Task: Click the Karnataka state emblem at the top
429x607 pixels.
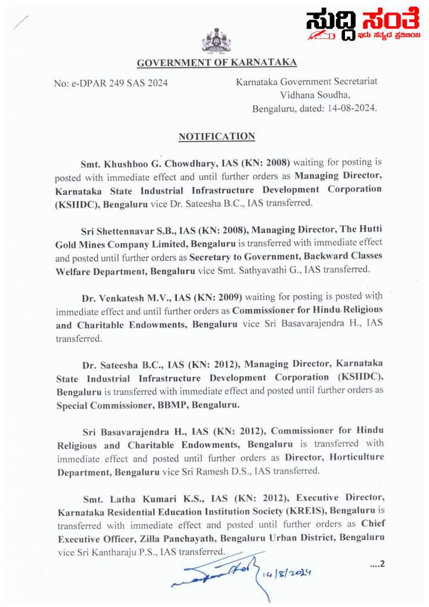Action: [x=216, y=41]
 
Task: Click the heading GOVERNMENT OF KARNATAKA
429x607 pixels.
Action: [x=216, y=63]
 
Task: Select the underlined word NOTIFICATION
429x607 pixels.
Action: [x=217, y=137]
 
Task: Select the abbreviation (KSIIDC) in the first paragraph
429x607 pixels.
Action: [x=77, y=203]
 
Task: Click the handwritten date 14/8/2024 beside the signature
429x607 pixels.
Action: [x=291, y=573]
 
